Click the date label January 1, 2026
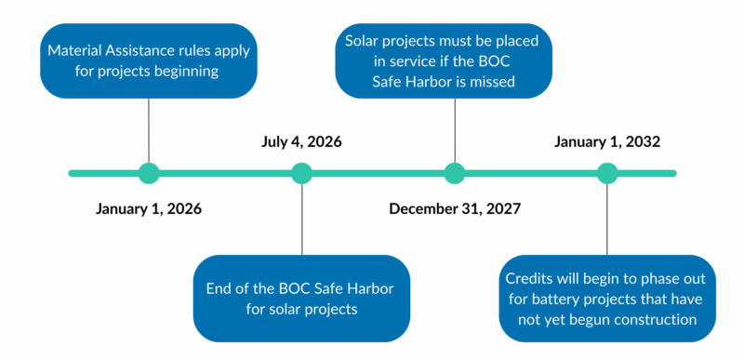149,208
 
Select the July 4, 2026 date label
302,142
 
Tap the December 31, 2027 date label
455,208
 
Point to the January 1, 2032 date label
607,142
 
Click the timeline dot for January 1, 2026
149,173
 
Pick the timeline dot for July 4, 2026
302,173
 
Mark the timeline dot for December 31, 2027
455,173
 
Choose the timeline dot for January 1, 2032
607,173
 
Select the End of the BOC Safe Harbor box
302,298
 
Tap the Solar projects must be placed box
455,61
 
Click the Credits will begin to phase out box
607,298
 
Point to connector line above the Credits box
607,219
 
